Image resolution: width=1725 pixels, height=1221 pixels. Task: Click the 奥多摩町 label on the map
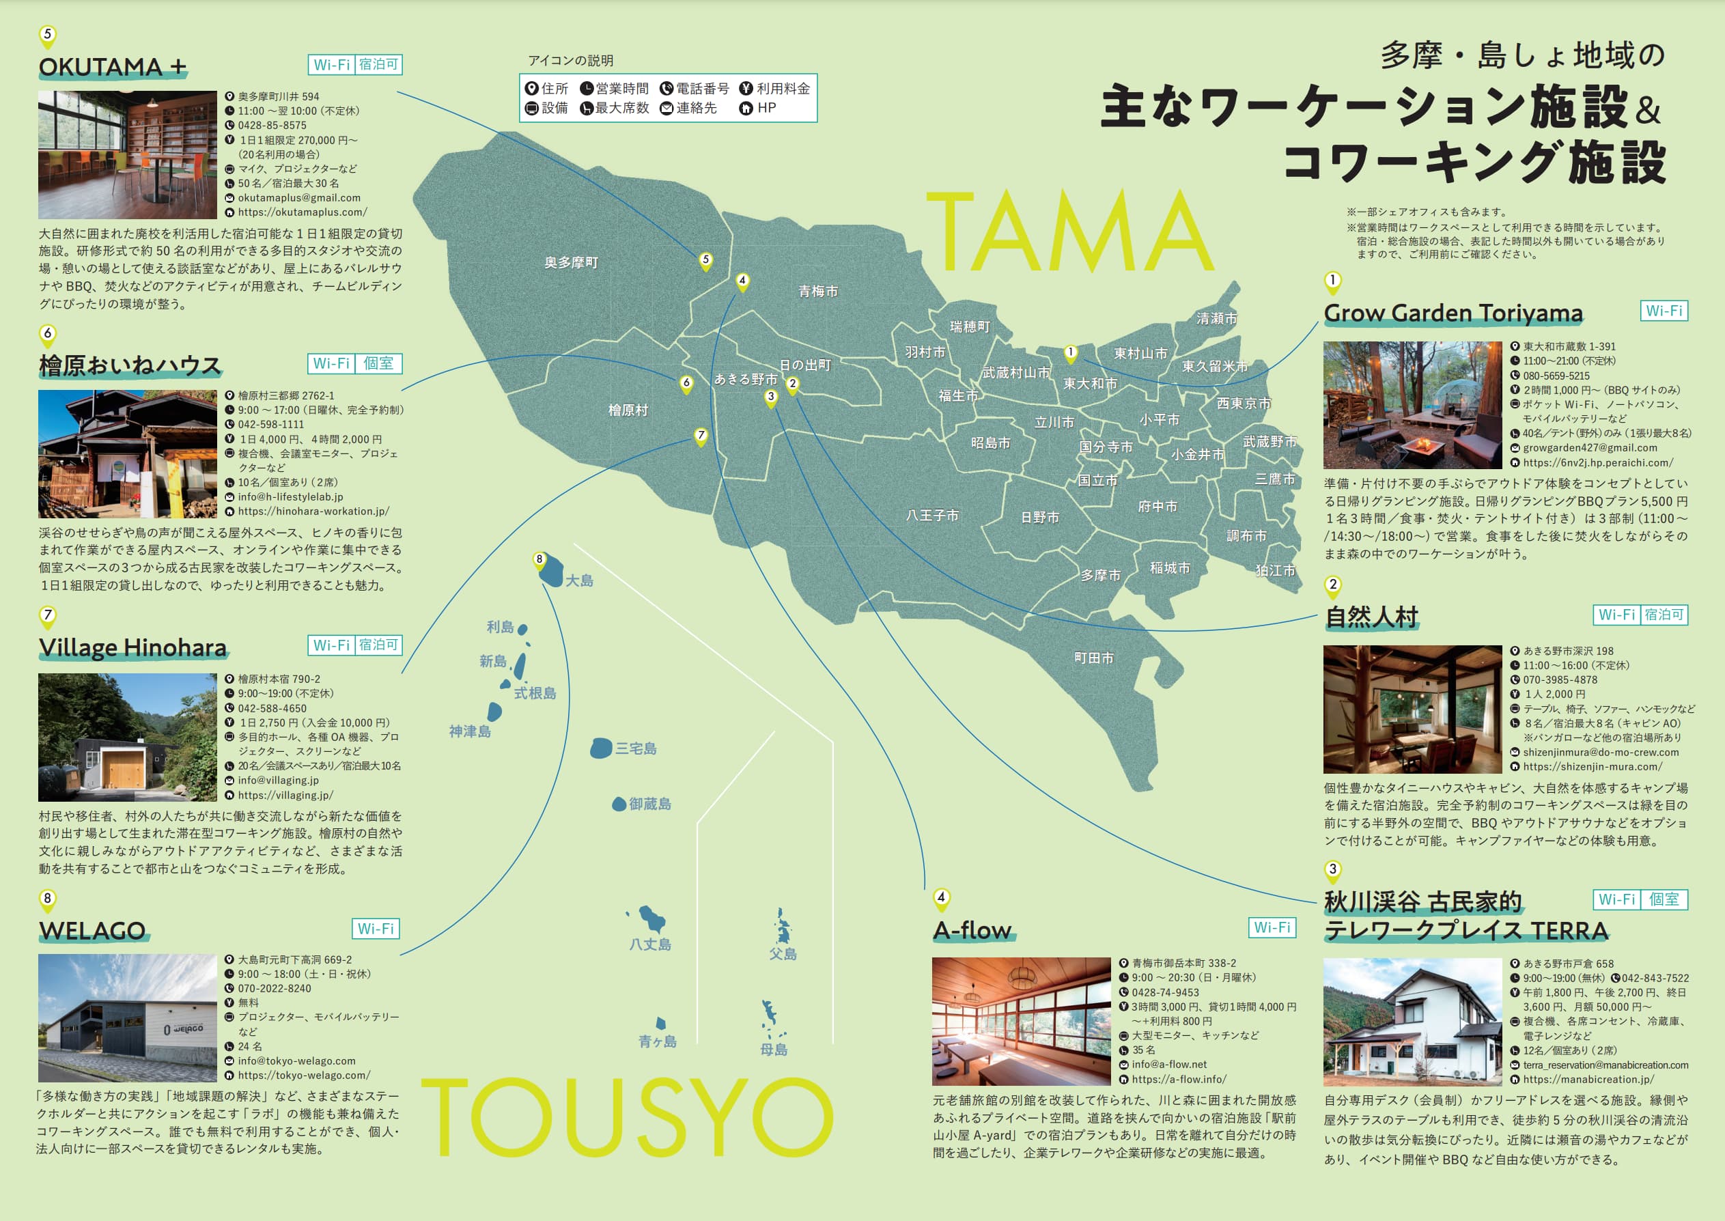571,262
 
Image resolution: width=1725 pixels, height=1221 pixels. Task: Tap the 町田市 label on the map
1093,658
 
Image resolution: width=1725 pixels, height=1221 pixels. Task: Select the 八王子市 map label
932,515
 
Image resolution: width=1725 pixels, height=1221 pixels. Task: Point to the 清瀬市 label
1216,318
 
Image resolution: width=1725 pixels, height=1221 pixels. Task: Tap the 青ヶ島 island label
657,1041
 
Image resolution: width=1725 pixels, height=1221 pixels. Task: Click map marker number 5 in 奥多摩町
705,260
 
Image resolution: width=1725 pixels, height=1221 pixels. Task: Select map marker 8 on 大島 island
539,559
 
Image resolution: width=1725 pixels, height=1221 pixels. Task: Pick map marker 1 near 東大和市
1070,352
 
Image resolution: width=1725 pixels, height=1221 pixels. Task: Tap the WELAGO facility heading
92,931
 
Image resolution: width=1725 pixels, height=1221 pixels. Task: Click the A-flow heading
972,931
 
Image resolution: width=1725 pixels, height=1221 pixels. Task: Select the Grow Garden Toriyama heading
1453,313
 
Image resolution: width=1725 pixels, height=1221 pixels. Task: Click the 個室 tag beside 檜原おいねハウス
378,364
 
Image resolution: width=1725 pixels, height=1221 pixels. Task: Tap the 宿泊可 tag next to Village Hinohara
378,645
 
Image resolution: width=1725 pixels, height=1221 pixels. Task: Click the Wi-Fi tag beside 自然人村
1616,615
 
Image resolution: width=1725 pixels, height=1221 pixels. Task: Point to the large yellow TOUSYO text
626,1117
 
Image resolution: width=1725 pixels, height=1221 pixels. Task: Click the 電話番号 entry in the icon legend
695,89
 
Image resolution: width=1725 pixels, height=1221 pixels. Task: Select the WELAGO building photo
127,1018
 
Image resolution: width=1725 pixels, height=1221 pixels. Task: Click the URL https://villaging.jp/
285,795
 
